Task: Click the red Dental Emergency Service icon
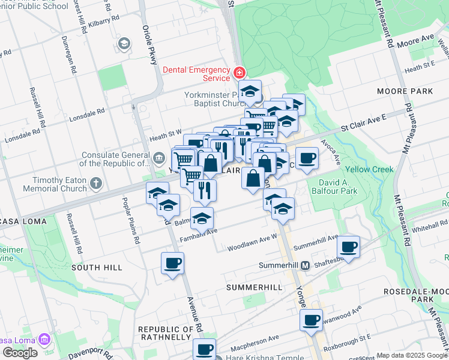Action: pos(240,73)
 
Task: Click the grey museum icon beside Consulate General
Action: pos(158,158)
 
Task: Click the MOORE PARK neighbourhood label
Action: pos(405,91)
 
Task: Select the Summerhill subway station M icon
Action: pos(305,265)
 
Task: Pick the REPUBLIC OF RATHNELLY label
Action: pos(166,333)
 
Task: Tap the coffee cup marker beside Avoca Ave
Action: pos(307,158)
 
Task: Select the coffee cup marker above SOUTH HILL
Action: pos(172,262)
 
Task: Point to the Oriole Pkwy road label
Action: pos(149,45)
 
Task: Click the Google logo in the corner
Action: pos(20,353)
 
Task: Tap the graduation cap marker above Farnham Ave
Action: pos(202,218)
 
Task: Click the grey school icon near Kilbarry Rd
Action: pos(124,43)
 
